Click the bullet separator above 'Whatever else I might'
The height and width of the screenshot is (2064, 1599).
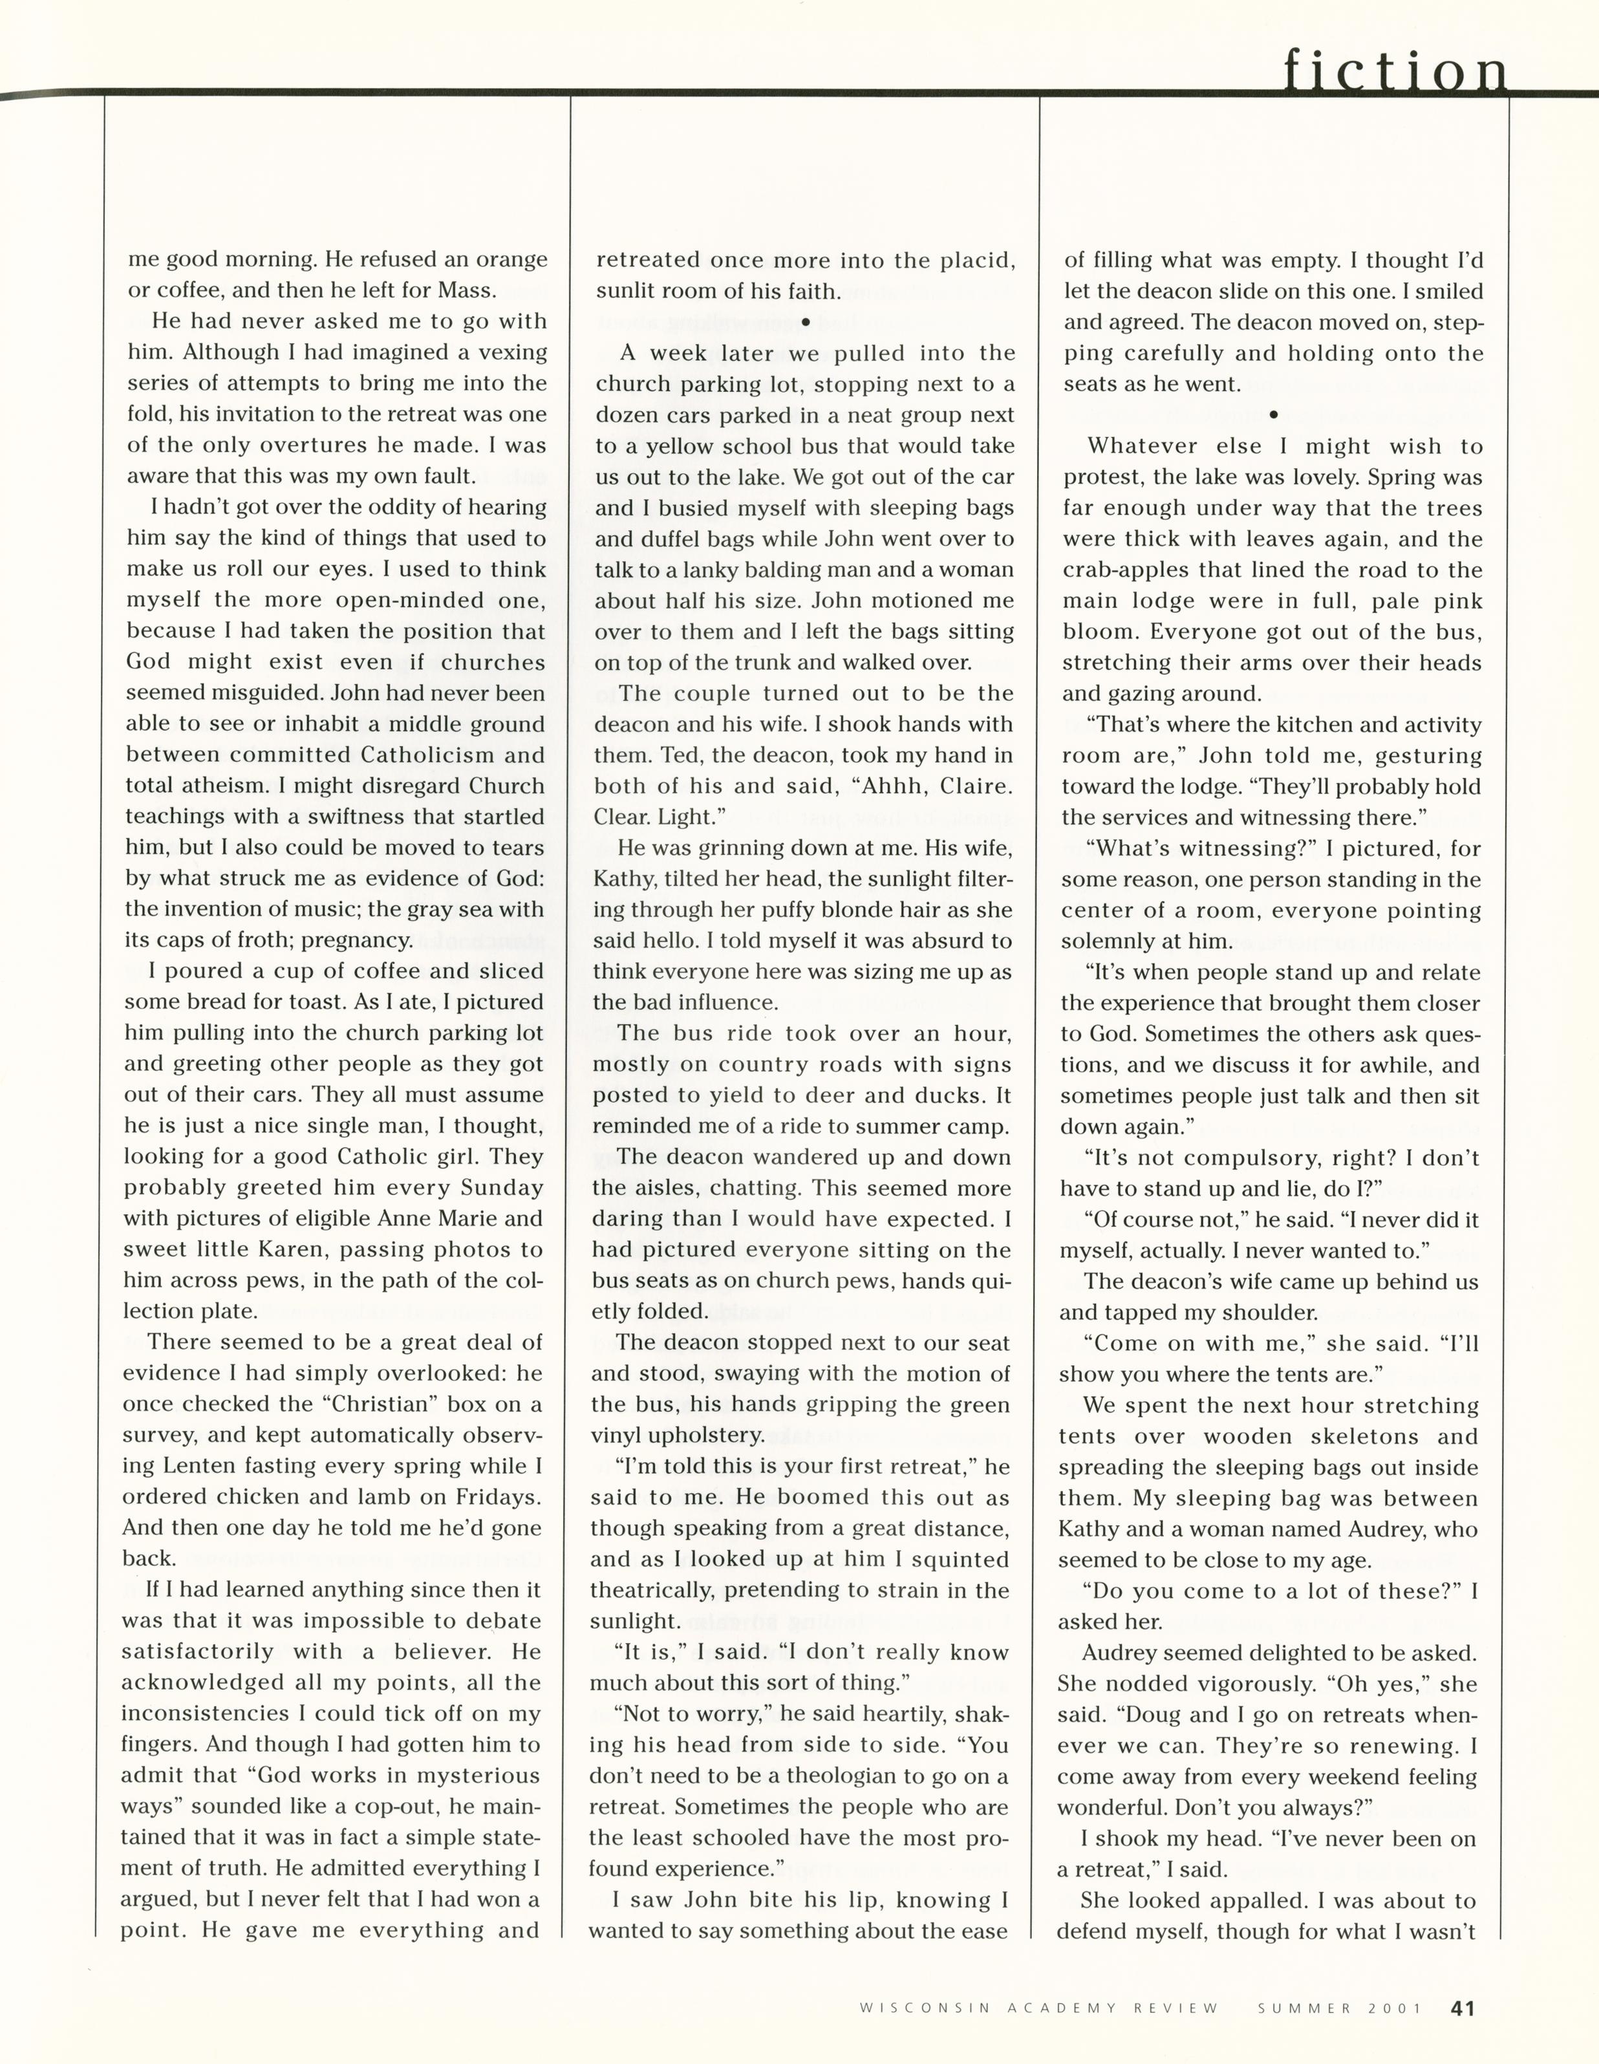(1273, 414)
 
